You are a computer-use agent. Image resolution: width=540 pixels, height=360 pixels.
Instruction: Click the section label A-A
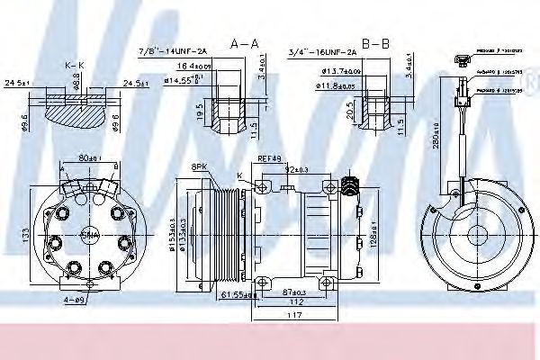tap(244, 42)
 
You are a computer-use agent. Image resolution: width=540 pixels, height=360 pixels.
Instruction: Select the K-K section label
tap(75, 67)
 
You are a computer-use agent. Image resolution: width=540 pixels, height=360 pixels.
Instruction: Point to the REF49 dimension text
tap(270, 159)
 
